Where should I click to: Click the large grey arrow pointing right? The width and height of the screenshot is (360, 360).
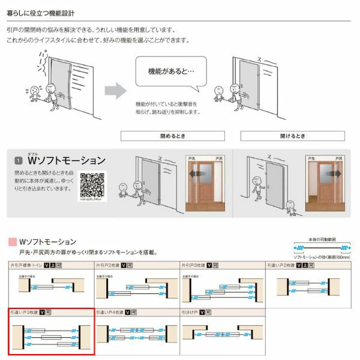point(115,91)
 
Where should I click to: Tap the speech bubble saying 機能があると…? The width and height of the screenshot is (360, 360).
point(170,71)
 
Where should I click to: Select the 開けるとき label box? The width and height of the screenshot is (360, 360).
point(293,136)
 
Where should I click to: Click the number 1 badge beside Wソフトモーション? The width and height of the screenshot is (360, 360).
point(19,161)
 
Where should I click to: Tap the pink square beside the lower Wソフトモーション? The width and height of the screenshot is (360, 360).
point(11,242)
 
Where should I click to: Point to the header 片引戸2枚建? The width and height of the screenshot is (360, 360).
point(108,264)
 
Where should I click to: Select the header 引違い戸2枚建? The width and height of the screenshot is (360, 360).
point(281,264)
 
